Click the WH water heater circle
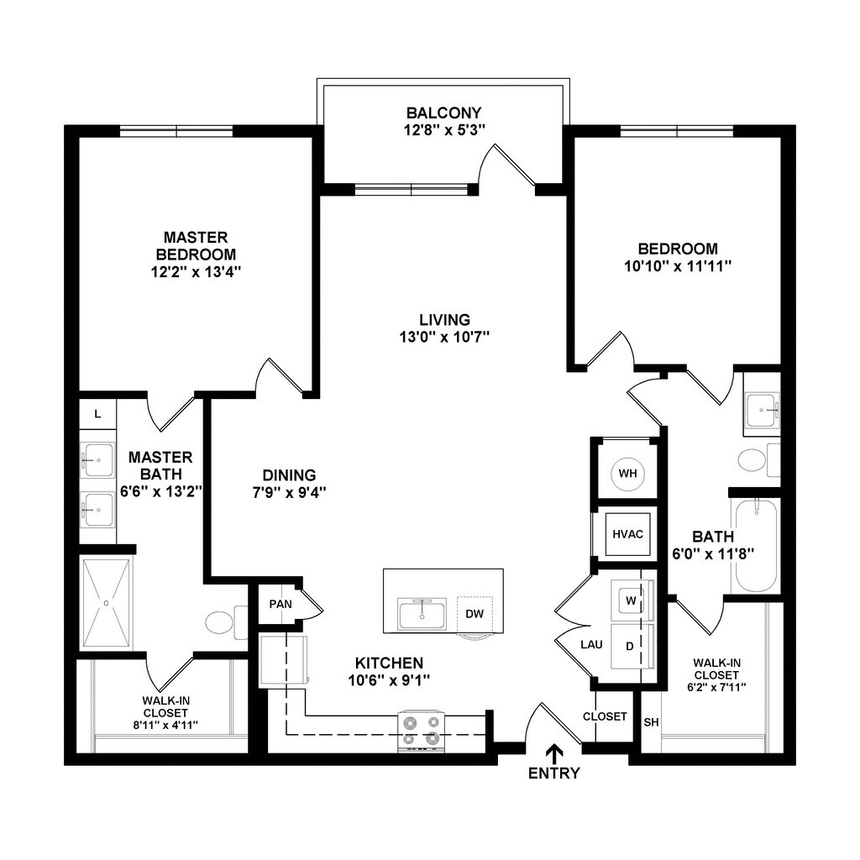(x=628, y=473)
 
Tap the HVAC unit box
(x=627, y=533)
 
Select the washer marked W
(x=630, y=600)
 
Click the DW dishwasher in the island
(x=475, y=614)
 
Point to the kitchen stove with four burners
(x=421, y=730)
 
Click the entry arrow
(x=553, y=752)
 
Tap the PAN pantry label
(x=280, y=604)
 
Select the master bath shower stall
(x=107, y=602)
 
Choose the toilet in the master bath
(x=222, y=622)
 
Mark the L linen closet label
(x=97, y=413)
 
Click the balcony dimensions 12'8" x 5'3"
(x=444, y=129)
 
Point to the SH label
(x=651, y=722)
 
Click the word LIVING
(x=444, y=319)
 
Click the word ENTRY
(x=553, y=773)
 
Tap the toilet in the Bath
(x=753, y=460)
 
